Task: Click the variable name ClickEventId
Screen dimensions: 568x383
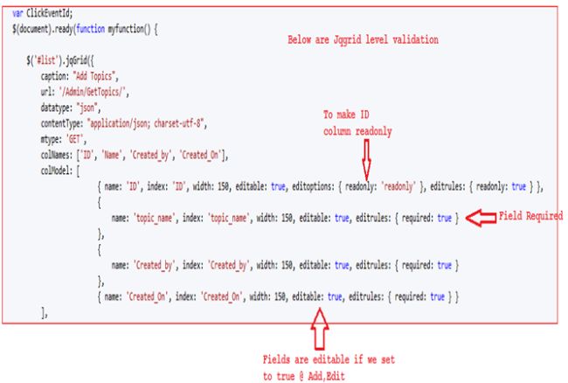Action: [49, 13]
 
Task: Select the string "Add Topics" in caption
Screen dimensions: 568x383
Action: [94, 76]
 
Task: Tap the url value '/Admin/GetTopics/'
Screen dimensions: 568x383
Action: [92, 92]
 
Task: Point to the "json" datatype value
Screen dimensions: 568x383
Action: [87, 108]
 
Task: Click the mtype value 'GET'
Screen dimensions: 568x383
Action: [74, 139]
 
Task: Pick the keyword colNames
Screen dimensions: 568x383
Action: [57, 155]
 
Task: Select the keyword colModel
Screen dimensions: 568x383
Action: [57, 171]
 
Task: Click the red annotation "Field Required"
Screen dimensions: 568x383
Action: [530, 216]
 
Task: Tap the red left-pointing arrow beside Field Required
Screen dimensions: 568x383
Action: [481, 218]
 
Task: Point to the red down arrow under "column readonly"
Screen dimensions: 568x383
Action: [366, 160]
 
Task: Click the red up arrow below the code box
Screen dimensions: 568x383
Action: [320, 329]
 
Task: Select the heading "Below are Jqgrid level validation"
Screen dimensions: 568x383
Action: [363, 39]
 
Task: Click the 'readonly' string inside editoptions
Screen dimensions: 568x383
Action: [398, 186]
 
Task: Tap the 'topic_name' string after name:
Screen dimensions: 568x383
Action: [155, 218]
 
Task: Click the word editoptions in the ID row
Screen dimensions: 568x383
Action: [314, 186]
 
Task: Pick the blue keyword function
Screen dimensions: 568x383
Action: [91, 29]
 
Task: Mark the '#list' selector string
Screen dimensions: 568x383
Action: [45, 60]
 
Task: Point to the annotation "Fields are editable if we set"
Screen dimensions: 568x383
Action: [329, 359]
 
